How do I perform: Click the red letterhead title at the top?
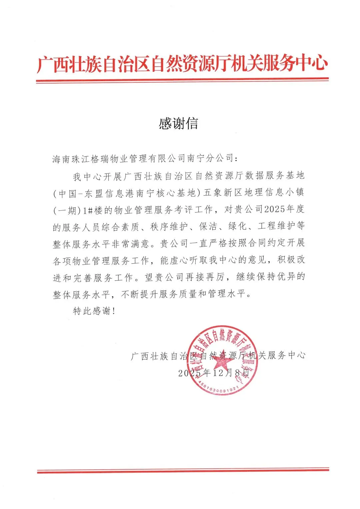tap(182, 64)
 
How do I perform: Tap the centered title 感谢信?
tap(178, 124)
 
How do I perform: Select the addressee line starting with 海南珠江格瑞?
tap(145, 158)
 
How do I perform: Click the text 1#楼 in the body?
tap(93, 210)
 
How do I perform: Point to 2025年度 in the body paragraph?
tap(284, 209)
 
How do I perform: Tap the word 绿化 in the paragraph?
tap(237, 227)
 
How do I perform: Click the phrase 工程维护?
tap(276, 226)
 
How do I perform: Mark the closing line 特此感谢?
tap(94, 311)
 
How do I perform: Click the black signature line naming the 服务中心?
tap(218, 355)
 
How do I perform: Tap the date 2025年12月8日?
tap(214, 373)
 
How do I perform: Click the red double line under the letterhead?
tap(182, 80)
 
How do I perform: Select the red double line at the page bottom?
tap(183, 471)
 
